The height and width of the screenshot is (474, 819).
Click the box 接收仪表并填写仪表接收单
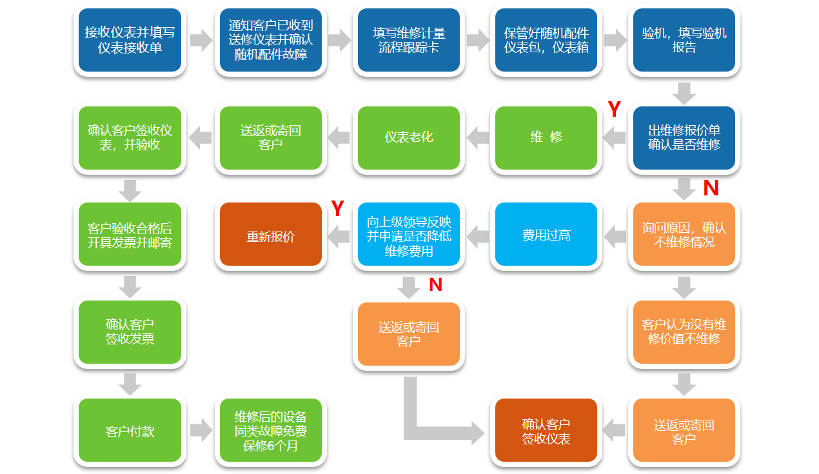tap(130, 40)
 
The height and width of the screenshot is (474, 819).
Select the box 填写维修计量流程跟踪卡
tap(409, 40)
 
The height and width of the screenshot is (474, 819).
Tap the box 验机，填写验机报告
tap(684, 40)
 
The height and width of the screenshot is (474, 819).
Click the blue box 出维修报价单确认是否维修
tap(684, 137)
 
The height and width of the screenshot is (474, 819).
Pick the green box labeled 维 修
tap(546, 137)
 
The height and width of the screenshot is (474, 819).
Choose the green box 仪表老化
tap(409, 137)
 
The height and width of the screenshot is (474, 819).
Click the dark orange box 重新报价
tap(271, 235)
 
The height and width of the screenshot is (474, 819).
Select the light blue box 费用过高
tap(546, 235)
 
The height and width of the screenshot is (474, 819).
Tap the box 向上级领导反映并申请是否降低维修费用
tap(409, 235)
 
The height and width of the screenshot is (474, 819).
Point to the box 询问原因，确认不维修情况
tap(684, 235)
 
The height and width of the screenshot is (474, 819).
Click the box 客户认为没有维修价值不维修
tap(684, 332)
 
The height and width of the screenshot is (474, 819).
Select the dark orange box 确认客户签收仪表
tap(546, 430)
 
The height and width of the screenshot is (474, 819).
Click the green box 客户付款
tap(130, 430)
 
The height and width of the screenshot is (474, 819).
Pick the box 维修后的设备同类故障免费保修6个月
tap(271, 430)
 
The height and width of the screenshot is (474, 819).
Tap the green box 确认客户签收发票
tap(130, 332)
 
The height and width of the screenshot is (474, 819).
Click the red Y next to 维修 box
tap(614, 110)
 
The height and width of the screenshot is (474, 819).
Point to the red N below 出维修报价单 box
tap(711, 188)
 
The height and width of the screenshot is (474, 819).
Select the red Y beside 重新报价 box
tap(337, 209)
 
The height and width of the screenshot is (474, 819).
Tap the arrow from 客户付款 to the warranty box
tap(201, 430)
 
